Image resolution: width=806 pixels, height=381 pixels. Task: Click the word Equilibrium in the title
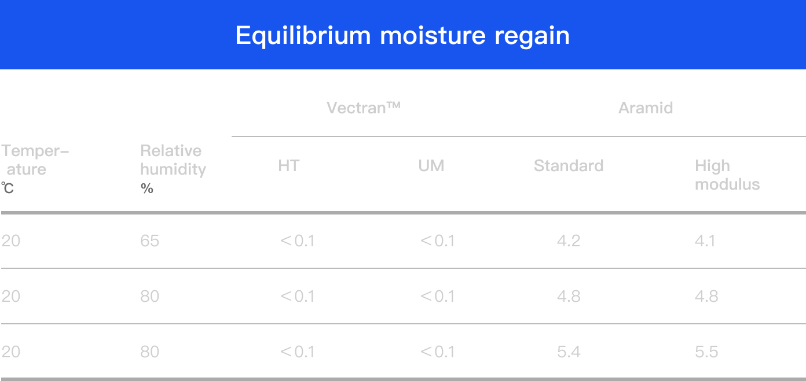point(303,36)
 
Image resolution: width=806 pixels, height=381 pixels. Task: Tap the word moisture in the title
point(433,36)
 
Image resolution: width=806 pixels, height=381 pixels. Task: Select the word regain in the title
point(532,36)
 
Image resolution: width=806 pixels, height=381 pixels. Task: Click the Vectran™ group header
point(364,108)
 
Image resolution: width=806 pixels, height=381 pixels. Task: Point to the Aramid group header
point(646,108)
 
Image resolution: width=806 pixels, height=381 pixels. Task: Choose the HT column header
point(288,166)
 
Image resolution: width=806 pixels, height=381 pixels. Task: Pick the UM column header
point(431,166)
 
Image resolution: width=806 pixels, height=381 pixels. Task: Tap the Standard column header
point(569,166)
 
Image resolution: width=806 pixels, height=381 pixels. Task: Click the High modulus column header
point(727,175)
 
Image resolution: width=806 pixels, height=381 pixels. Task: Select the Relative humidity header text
point(173,160)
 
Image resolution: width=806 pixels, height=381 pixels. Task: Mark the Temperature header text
point(35,160)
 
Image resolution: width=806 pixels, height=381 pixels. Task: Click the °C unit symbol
point(7,188)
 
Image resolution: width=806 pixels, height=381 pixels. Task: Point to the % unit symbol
point(147,188)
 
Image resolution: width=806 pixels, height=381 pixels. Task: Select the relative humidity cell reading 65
point(150,241)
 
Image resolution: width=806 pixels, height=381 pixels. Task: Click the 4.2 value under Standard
point(569,241)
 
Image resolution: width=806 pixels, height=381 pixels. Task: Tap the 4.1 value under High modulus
point(705,241)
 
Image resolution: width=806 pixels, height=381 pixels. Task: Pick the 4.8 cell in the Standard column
point(569,297)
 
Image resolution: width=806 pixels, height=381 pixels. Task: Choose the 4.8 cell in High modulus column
point(706,297)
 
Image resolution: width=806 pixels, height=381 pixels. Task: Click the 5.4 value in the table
point(569,352)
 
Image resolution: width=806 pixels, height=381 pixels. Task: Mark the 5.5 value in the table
point(706,352)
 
